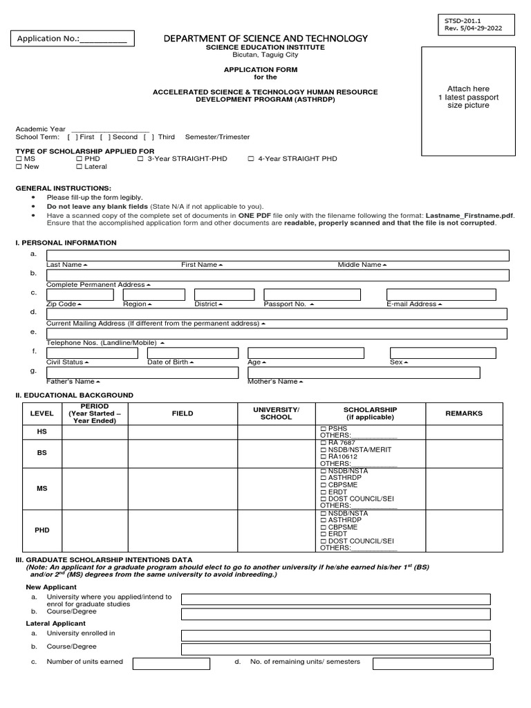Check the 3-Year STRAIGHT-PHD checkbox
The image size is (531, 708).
point(140,159)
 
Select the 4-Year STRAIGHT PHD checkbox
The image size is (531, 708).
point(251,159)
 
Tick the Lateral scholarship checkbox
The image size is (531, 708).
point(79,167)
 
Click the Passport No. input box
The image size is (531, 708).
point(312,295)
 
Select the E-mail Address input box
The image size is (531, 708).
point(440,295)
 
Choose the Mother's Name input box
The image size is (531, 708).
point(364,373)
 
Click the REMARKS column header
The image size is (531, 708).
point(464,413)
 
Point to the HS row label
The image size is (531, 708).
point(41,431)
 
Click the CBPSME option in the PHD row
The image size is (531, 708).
point(337,527)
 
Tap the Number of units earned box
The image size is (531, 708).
point(171,664)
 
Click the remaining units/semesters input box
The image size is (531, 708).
point(433,664)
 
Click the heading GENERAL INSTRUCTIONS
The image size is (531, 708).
point(63,188)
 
